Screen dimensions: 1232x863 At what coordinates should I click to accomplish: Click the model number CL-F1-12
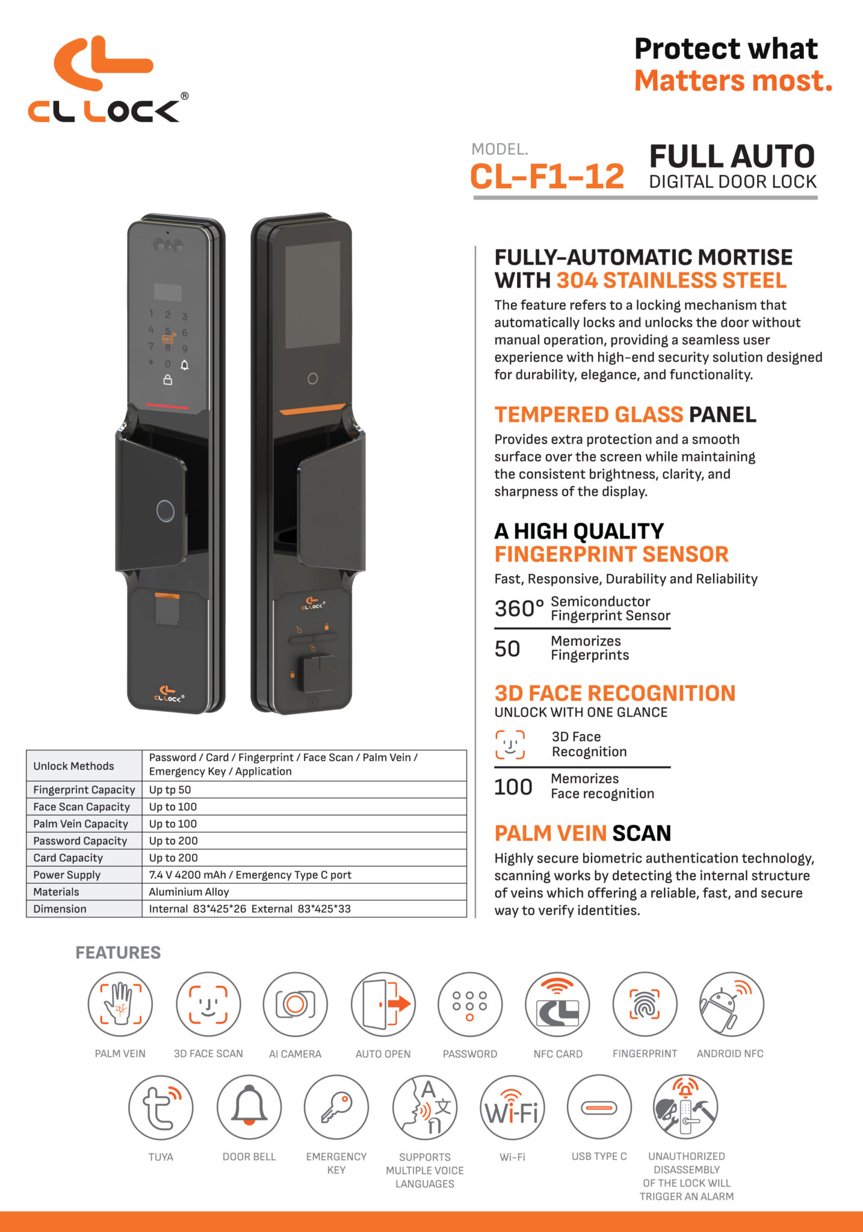pyautogui.click(x=546, y=177)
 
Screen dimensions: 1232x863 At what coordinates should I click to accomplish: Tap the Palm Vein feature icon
pyautogui.click(x=120, y=1004)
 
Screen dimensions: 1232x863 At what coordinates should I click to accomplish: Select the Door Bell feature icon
pyautogui.click(x=249, y=1107)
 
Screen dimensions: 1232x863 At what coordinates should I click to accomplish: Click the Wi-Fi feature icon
pyautogui.click(x=512, y=1107)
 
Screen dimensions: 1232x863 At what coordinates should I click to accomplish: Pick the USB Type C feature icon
pyautogui.click(x=599, y=1107)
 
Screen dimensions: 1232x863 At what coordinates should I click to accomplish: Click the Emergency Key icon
pyautogui.click(x=336, y=1107)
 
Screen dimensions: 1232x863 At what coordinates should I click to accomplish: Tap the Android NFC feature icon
pyautogui.click(x=731, y=1004)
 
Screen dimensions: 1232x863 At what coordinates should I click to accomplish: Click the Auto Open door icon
pyautogui.click(x=383, y=1004)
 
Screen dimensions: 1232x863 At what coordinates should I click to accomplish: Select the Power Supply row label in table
pyautogui.click(x=67, y=875)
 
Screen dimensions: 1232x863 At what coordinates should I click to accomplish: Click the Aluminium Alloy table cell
pyautogui.click(x=189, y=892)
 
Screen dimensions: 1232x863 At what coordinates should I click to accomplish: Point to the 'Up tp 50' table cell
pyautogui.click(x=170, y=790)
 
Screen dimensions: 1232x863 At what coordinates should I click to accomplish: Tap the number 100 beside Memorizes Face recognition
pyautogui.click(x=513, y=787)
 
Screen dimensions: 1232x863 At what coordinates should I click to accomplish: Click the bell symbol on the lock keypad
pyautogui.click(x=185, y=365)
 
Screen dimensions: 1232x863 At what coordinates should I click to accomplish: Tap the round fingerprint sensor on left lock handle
pyautogui.click(x=165, y=511)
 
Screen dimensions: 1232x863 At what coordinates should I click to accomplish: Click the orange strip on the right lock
pyautogui.click(x=312, y=409)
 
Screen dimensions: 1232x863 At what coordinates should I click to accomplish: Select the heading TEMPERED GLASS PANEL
pyautogui.click(x=625, y=414)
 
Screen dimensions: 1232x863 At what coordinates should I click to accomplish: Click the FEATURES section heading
pyautogui.click(x=118, y=953)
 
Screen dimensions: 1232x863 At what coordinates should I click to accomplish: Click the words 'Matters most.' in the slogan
pyautogui.click(x=733, y=81)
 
